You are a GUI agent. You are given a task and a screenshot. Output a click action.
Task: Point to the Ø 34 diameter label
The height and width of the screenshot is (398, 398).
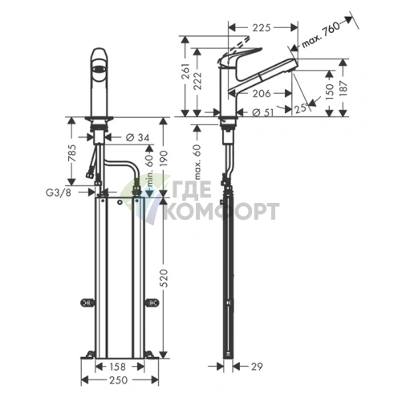click(x=137, y=138)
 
